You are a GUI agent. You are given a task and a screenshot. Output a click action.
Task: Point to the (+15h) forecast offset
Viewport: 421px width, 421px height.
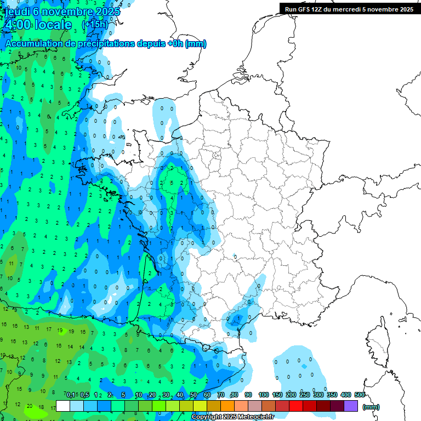(95, 25)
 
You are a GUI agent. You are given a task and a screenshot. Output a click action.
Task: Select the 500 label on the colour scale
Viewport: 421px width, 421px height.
(360, 395)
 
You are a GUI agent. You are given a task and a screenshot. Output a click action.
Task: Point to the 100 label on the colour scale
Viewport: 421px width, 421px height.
(264, 395)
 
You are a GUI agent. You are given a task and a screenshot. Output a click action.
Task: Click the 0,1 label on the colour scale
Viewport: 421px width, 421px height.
(71, 395)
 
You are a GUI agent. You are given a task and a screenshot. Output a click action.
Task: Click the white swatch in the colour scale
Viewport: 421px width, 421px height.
(63, 406)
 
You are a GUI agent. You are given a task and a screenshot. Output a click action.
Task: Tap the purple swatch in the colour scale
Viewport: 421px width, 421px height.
(351, 406)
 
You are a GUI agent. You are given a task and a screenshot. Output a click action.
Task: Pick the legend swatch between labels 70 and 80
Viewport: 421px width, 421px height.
(227, 406)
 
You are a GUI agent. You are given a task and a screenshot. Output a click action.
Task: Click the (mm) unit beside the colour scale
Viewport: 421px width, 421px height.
(371, 407)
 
